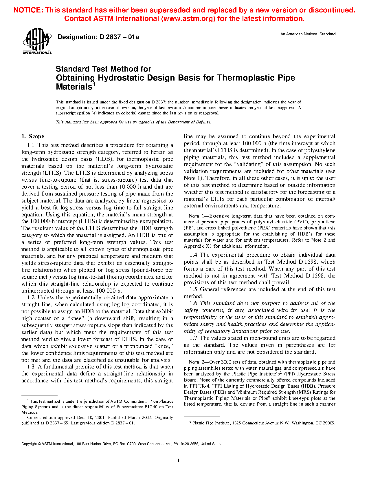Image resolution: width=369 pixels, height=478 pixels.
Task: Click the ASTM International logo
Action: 37,41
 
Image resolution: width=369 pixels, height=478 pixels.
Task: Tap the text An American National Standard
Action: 308,34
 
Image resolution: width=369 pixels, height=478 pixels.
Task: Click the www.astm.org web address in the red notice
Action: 188,19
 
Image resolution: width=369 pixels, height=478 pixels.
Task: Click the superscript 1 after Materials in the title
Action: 93,85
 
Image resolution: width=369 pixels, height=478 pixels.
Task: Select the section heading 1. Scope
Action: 33,136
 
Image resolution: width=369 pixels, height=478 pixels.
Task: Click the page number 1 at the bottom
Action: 179,461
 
